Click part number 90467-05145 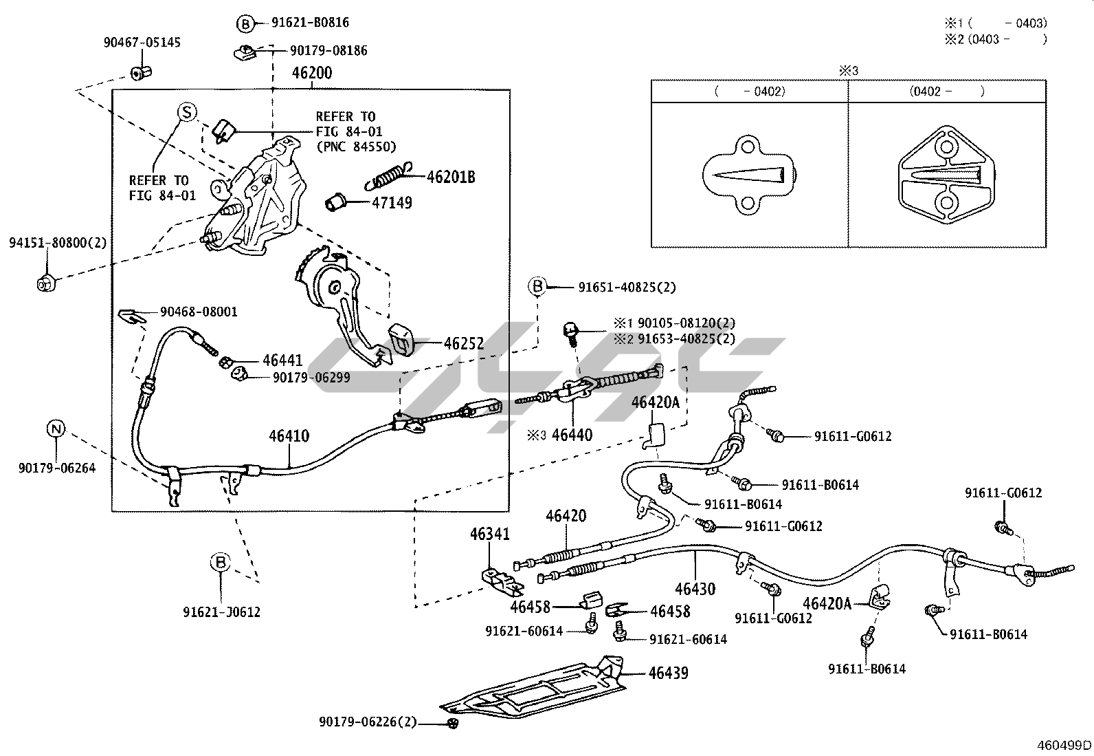click(x=142, y=43)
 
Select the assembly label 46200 click(x=312, y=74)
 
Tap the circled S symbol click(x=187, y=112)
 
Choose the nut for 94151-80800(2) click(x=46, y=282)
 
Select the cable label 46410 click(x=289, y=435)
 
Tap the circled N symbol click(x=56, y=429)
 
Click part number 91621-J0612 click(x=222, y=612)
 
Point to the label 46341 click(x=490, y=534)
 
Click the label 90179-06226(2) click(x=368, y=722)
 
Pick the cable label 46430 click(x=695, y=589)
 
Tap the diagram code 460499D click(x=1064, y=745)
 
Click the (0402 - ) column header click(x=947, y=91)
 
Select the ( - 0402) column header click(x=750, y=91)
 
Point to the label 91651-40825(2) click(x=622, y=287)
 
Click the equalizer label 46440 click(x=572, y=435)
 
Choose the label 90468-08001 click(x=199, y=312)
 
